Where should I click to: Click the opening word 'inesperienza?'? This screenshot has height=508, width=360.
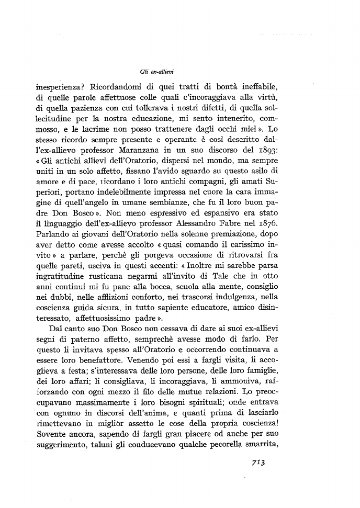click(x=60, y=85)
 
